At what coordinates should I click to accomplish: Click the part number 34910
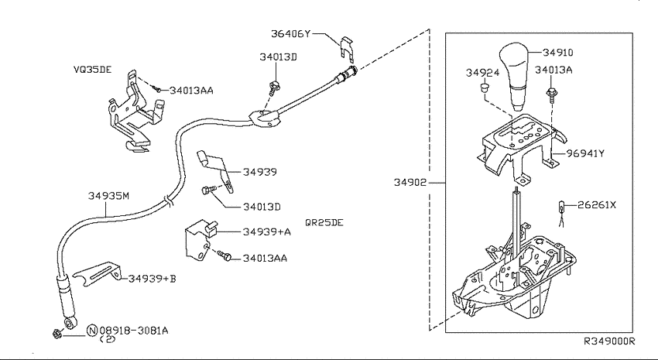tap(557, 53)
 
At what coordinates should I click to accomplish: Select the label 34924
tap(482, 73)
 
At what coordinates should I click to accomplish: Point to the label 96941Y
tap(585, 153)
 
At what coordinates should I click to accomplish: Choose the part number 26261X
tap(597, 204)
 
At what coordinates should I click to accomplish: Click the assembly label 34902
tap(410, 182)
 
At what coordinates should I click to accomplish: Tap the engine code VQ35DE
tap(93, 70)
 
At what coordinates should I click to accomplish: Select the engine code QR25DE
tap(324, 222)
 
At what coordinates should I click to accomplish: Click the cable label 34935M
tap(108, 196)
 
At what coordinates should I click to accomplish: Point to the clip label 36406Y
tap(290, 33)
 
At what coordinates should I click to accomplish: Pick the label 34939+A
tap(267, 231)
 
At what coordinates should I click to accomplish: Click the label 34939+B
tap(152, 278)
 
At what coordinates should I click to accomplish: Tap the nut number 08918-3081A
tap(134, 331)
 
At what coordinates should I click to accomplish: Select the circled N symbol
tap(92, 331)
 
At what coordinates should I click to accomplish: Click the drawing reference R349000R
tap(609, 341)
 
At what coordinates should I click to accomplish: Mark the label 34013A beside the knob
tap(553, 70)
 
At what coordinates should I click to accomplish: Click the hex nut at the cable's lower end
tap(57, 334)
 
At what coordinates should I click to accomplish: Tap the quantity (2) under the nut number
tap(108, 339)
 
